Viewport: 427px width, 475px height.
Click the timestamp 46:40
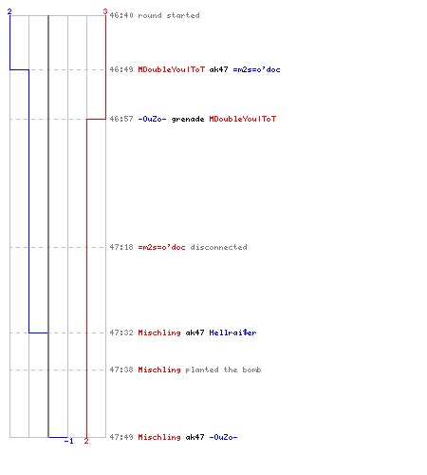[x=121, y=15]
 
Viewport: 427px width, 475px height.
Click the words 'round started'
[x=169, y=15]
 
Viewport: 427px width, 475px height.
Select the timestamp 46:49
[x=121, y=69]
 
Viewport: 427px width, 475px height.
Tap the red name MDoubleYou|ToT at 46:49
[x=172, y=69]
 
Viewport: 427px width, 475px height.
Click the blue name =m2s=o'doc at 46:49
[x=256, y=69]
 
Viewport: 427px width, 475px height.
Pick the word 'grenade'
[x=188, y=119]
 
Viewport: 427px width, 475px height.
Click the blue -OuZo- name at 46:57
[x=152, y=119]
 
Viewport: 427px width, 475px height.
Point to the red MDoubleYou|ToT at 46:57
[x=243, y=119]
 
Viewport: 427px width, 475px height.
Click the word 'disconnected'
[x=218, y=247]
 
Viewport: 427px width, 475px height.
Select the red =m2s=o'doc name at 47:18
[x=161, y=247]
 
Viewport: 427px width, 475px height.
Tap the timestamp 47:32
[x=121, y=332]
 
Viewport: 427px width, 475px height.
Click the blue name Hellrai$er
[x=232, y=332]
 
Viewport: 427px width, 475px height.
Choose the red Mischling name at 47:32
[x=159, y=332]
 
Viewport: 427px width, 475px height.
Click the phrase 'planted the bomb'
[x=223, y=370]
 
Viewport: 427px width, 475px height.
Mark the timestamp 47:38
[x=121, y=370]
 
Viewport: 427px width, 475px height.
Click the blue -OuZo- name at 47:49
[x=223, y=437]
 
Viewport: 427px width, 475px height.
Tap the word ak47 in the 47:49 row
[x=195, y=437]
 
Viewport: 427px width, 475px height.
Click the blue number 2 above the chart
[x=9, y=11]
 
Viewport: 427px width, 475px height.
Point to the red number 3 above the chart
[x=105, y=11]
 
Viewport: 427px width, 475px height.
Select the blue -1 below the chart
[x=69, y=441]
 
